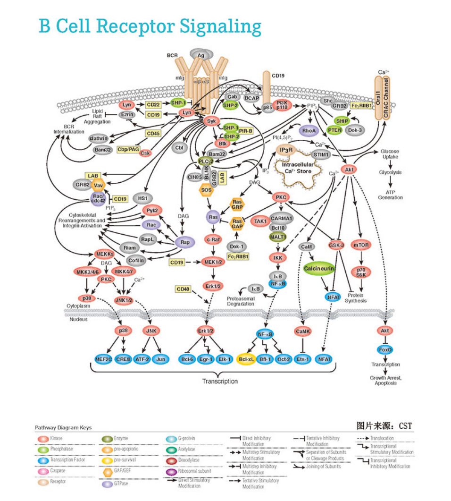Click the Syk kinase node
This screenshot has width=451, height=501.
pyautogui.click(x=211, y=121)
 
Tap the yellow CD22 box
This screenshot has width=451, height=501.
pyautogui.click(x=153, y=104)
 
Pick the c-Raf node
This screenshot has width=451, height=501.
pyautogui.click(x=213, y=239)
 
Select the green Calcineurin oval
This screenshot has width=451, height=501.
pyautogui.click(x=319, y=268)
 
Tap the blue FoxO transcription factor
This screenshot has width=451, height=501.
pyautogui.click(x=385, y=350)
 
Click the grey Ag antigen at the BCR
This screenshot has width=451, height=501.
pyautogui.click(x=200, y=55)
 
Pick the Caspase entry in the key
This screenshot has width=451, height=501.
pyautogui.click(x=57, y=471)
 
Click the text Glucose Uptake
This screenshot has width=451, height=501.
pyautogui.click(x=390, y=154)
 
